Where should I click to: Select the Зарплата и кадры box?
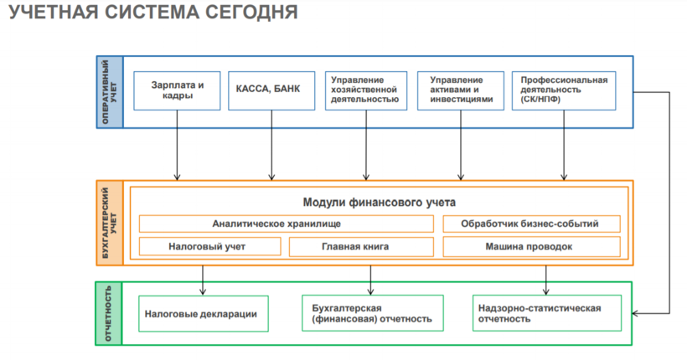[178, 90]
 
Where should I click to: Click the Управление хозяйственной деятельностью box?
[366, 90]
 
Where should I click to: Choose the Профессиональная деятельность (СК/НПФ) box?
[563, 90]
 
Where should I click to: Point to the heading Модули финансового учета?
[380, 202]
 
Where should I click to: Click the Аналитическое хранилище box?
[287, 224]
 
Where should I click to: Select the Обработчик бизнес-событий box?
[531, 224]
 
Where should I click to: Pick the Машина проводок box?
[531, 247]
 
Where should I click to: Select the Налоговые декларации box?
[203, 314]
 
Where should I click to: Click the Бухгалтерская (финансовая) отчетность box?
[371, 314]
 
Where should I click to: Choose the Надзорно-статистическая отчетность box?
[545, 314]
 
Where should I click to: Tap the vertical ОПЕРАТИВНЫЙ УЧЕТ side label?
[109, 91]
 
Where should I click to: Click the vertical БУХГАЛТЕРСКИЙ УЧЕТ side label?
[109, 222]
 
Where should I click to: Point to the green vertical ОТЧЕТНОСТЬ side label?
[109, 314]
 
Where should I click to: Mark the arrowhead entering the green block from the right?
[637, 313]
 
